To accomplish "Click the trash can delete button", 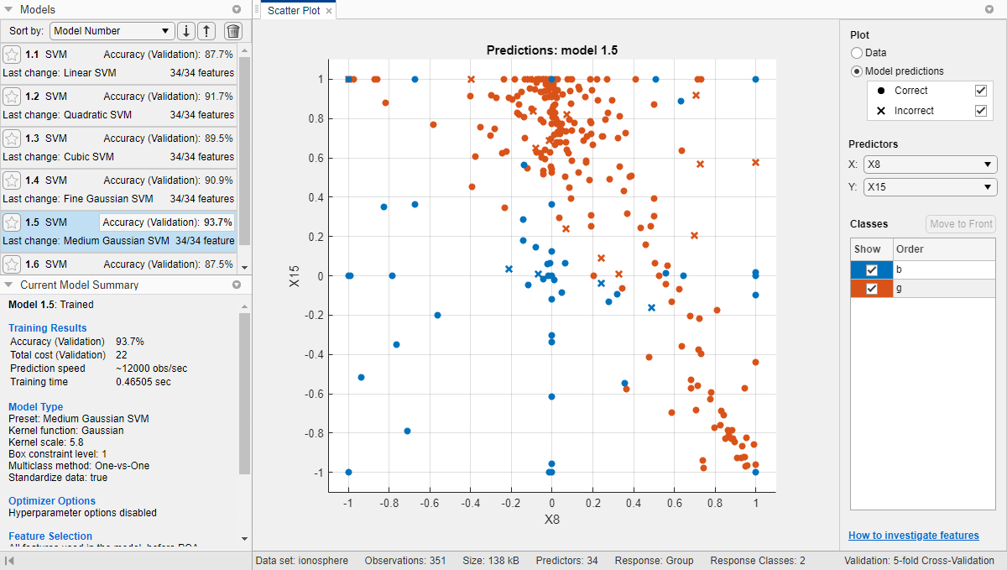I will point(233,31).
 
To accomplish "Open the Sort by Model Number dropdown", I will point(112,31).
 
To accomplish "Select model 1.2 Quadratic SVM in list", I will point(118,106).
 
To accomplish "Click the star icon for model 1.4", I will point(12,180).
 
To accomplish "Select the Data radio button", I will point(857,53).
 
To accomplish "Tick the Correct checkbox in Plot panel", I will point(980,91).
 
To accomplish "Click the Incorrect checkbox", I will point(980,111).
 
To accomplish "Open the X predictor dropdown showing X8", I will point(930,165).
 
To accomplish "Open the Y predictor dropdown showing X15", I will point(930,187).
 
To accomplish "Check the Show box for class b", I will point(872,269).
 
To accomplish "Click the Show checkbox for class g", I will point(872,289).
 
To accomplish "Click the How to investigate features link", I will point(913,536).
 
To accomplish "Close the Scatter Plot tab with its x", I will point(329,11).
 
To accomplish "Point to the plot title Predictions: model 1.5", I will point(551,50).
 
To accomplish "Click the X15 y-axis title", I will point(295,276).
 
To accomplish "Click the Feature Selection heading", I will point(50,536).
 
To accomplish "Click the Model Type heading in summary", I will point(35,407).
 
